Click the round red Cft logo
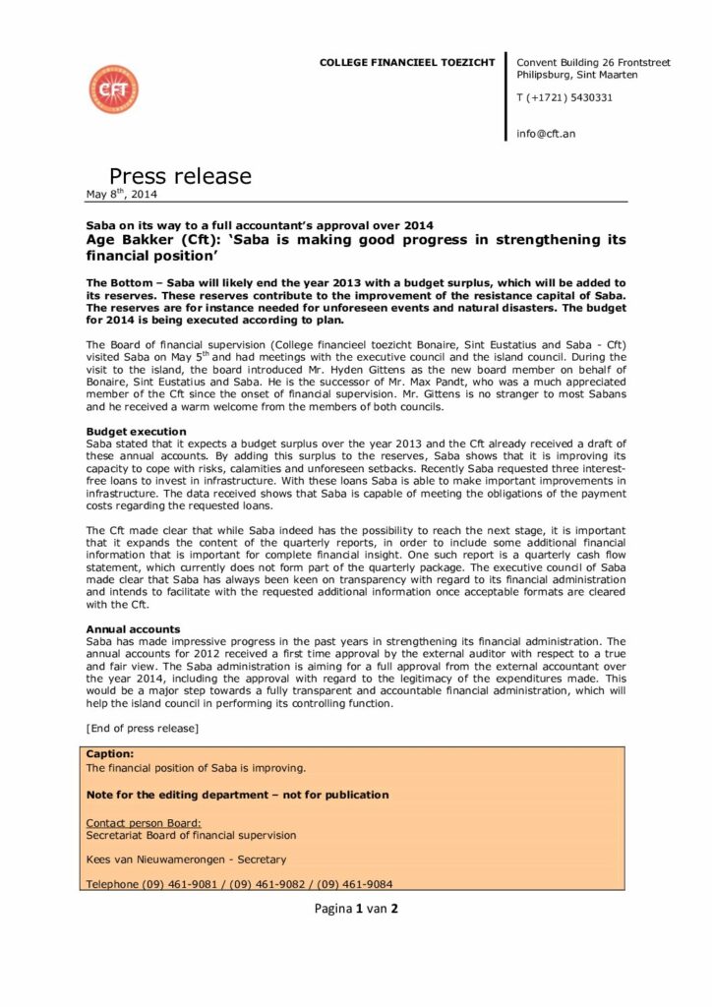113,89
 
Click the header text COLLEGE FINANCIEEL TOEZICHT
407,63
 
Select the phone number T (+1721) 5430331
564,97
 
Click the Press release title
180,176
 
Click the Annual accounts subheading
133,628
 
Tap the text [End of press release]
143,728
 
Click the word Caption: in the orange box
109,753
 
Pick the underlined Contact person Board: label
144,822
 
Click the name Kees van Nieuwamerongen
158,859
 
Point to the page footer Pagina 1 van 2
356,909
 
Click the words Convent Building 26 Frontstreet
593,63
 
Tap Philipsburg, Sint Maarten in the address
577,75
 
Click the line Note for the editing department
237,795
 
